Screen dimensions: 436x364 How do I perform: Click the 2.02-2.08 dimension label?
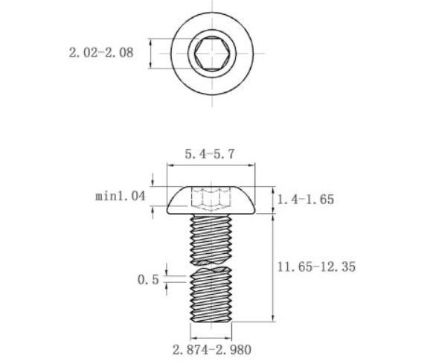tap(101, 53)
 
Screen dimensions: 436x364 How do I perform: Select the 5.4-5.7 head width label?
tap(210, 154)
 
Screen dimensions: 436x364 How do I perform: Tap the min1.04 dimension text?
tap(121, 197)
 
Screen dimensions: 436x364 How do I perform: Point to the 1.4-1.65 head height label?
tap(306, 199)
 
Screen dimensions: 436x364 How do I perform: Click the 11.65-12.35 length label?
tap(316, 266)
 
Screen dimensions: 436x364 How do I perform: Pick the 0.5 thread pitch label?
tap(148, 280)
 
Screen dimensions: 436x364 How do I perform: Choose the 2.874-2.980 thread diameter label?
tap(212, 350)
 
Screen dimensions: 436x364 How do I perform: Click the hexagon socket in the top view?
tap(212, 53)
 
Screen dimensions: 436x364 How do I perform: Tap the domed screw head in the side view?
tap(211, 200)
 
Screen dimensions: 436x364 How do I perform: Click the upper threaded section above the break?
tap(211, 240)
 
